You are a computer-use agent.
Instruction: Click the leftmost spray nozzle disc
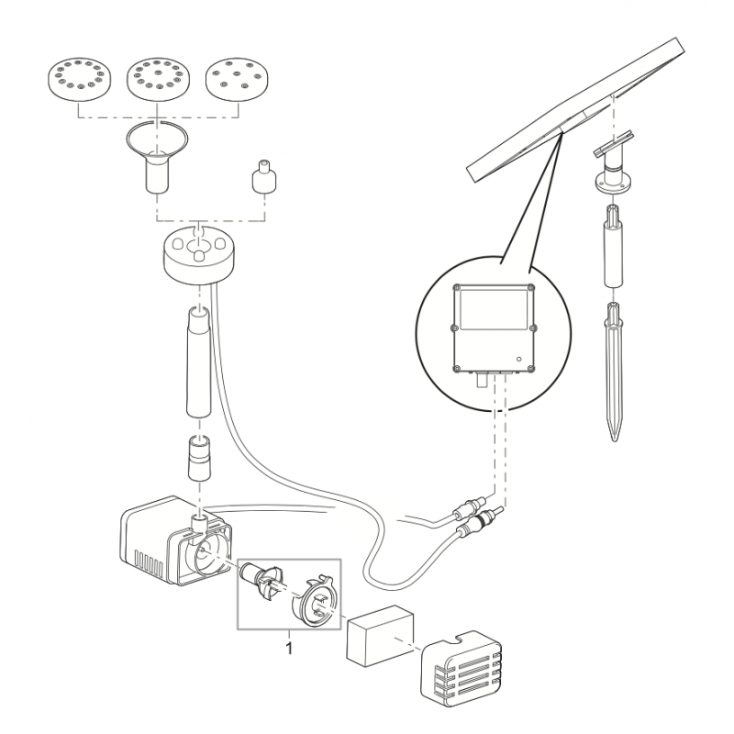pyautogui.click(x=78, y=77)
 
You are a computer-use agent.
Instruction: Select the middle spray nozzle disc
pyautogui.click(x=157, y=77)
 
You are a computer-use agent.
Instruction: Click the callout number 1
pyautogui.click(x=290, y=647)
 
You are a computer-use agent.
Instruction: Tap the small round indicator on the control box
pyautogui.click(x=518, y=358)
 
